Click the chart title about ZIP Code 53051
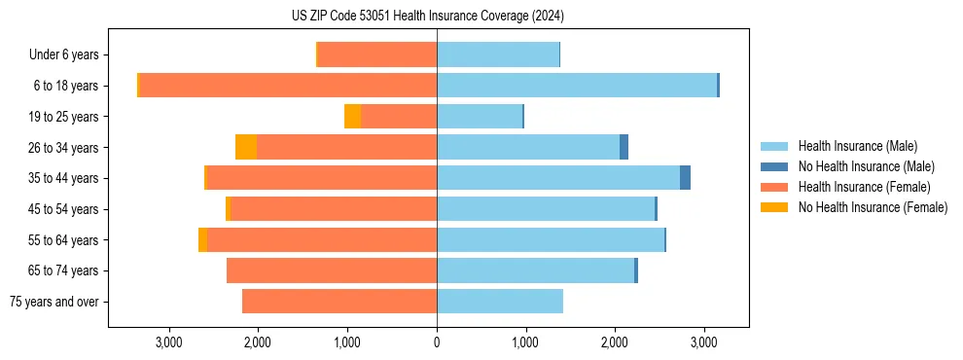[427, 17]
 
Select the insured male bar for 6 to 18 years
[577, 86]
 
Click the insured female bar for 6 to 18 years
[288, 86]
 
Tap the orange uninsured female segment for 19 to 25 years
[352, 117]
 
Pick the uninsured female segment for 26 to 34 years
[246, 147]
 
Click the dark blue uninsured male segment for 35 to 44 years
[685, 178]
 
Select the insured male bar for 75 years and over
[499, 302]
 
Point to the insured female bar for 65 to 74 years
[332, 270]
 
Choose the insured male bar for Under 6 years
[498, 54]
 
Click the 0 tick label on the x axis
[437, 342]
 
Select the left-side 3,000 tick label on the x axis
[169, 342]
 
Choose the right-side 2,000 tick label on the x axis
[615, 342]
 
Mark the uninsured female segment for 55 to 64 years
[202, 239]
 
